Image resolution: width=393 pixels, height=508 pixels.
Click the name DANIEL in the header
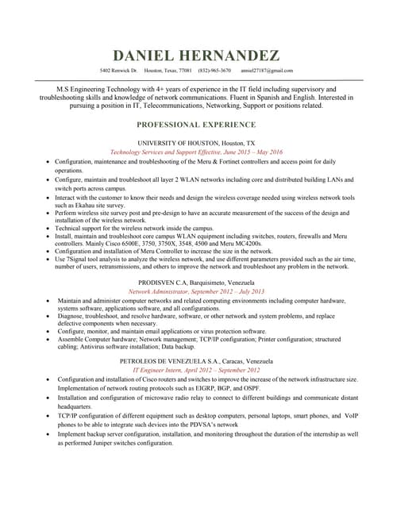coord(148,56)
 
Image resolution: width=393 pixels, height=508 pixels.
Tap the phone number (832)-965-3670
coord(215,71)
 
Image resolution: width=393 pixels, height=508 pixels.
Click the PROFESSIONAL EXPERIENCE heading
coord(196,125)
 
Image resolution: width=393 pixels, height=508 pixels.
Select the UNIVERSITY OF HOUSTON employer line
coord(196,142)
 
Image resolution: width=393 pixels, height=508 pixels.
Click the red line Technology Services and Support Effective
coord(196,152)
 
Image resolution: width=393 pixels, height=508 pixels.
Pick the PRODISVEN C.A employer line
coord(196,283)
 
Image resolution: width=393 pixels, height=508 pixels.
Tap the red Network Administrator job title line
coord(196,292)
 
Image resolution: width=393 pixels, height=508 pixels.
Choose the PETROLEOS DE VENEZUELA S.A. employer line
coord(196,360)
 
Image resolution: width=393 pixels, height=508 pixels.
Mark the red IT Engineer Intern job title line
coord(196,370)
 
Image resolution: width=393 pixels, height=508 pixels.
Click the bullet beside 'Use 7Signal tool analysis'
coord(48,259)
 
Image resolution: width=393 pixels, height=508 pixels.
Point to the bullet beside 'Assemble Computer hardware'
coord(48,339)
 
